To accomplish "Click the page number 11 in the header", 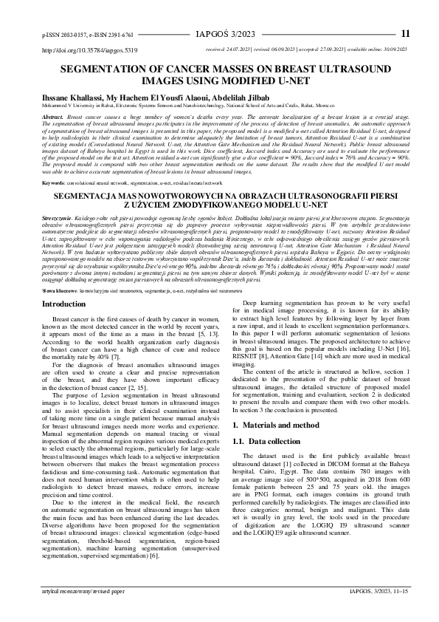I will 405,33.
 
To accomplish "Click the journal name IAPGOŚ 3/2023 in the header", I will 219,33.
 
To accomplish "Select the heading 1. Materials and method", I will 271,426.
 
